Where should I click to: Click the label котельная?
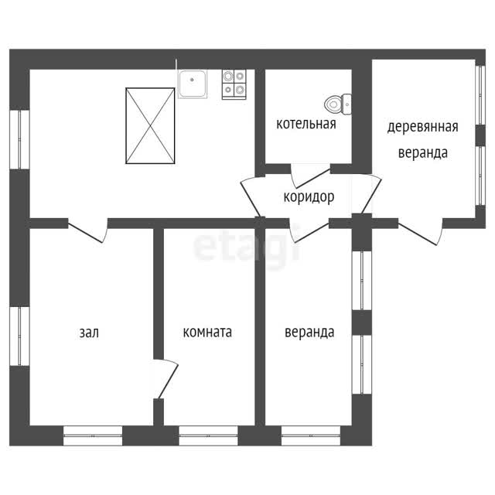click(x=306, y=124)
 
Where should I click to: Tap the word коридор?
click(x=309, y=197)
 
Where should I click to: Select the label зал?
click(x=89, y=333)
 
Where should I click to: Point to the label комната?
click(x=207, y=332)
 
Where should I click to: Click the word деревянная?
click(x=423, y=127)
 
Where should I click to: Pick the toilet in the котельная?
click(x=338, y=104)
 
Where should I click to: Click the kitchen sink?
click(x=193, y=84)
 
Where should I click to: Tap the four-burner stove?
click(x=234, y=84)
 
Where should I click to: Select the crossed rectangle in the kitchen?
click(x=150, y=126)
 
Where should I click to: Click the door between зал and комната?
click(x=166, y=378)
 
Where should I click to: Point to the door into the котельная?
click(x=310, y=176)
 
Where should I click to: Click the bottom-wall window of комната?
click(x=208, y=435)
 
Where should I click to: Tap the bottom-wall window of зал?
click(x=93, y=435)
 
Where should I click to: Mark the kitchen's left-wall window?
click(x=19, y=139)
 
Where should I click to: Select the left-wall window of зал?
click(x=19, y=336)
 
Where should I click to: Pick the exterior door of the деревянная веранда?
click(x=420, y=232)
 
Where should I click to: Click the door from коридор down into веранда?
click(x=309, y=231)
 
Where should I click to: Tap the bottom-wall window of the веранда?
click(x=311, y=435)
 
